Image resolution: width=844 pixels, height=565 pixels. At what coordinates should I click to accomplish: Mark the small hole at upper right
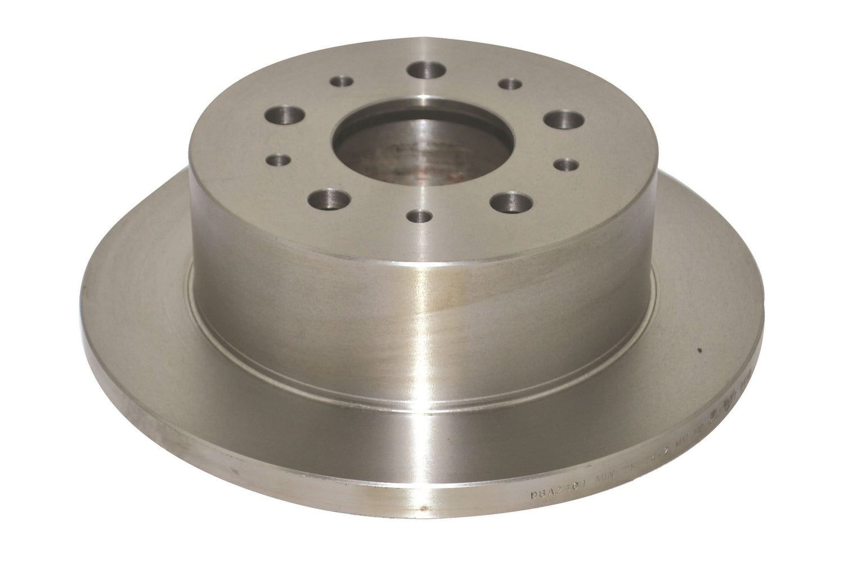[x=510, y=85]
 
